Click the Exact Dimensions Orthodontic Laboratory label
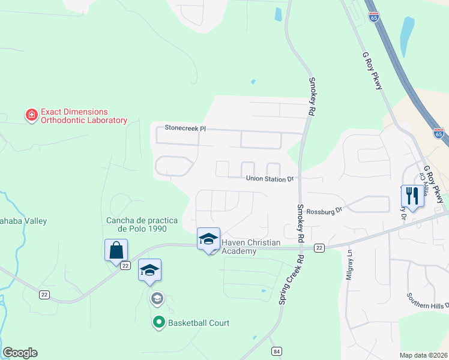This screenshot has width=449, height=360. tap(83, 116)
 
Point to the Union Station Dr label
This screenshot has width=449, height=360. tap(270, 179)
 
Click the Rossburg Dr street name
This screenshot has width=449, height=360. tap(324, 211)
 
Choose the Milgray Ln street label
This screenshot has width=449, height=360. tap(349, 265)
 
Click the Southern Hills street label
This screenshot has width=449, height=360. tap(427, 301)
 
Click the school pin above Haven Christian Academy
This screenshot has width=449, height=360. tap(208, 239)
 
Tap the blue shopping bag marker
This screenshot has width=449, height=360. tap(116, 250)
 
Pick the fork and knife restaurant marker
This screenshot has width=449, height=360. tap(412, 196)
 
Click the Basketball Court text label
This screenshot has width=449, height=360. tap(198, 323)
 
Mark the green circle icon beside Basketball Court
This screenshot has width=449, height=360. tap(159, 323)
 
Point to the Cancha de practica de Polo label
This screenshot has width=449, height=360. tap(143, 224)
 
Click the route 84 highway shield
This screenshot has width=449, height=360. tap(276, 351)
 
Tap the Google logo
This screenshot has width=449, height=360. tap(20, 353)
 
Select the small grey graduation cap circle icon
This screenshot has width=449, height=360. tap(157, 298)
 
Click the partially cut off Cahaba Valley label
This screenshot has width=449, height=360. tap(23, 221)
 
